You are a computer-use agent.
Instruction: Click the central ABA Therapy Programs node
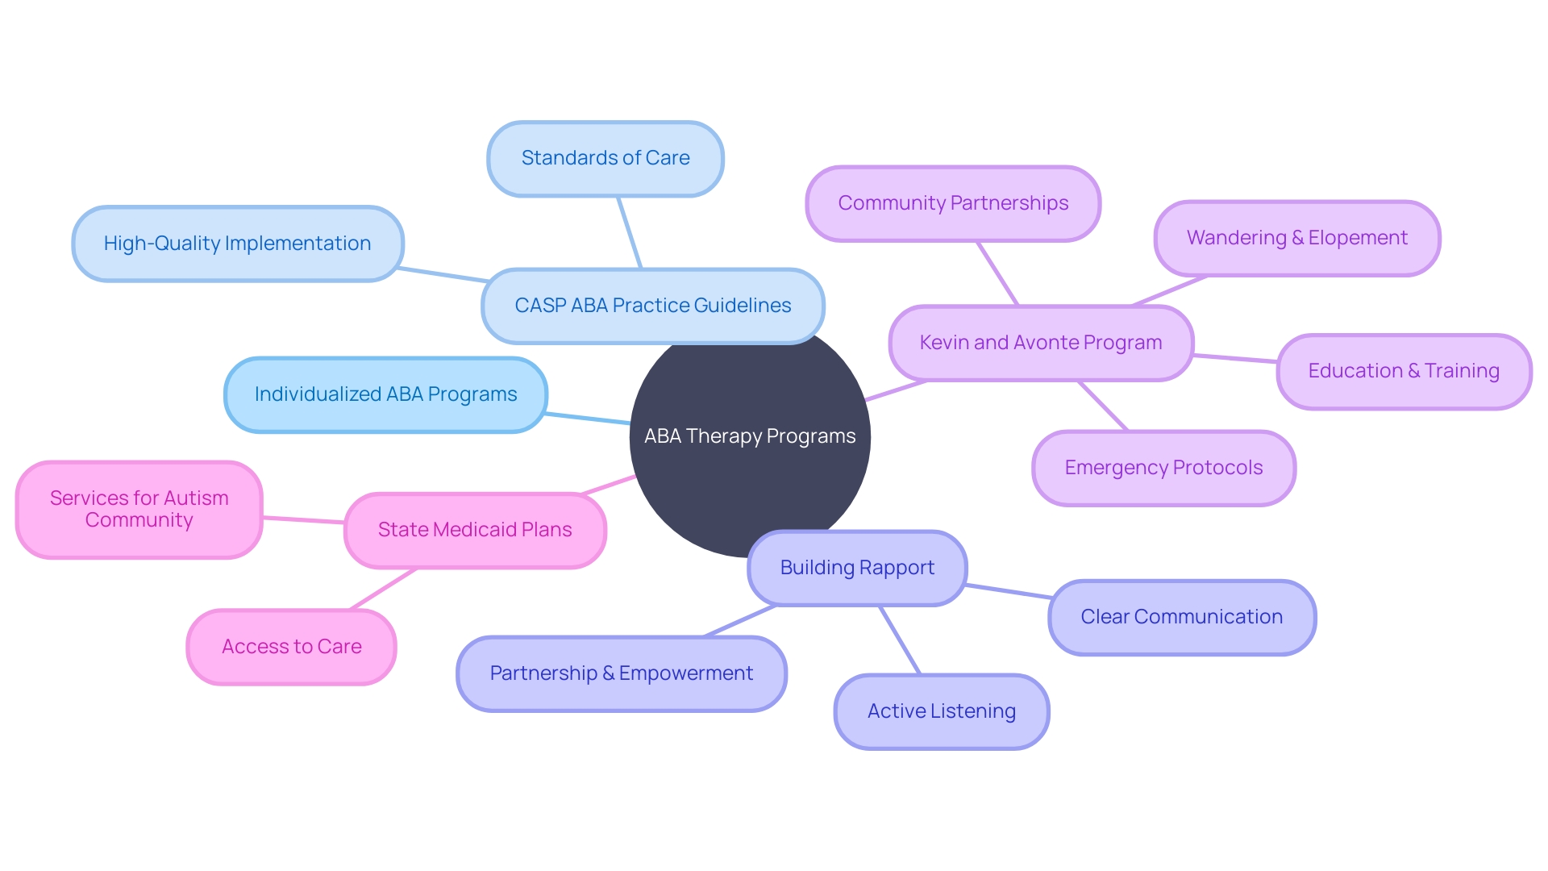(x=750, y=452)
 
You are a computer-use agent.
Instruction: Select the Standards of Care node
(x=605, y=158)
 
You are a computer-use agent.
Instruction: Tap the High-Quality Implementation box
(x=237, y=244)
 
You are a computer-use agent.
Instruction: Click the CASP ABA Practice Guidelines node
(x=653, y=306)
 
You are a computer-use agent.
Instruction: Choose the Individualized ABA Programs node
(x=385, y=394)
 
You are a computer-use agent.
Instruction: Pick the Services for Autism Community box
(x=139, y=509)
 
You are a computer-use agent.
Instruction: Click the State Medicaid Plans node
(x=475, y=530)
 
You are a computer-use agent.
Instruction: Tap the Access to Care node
(x=291, y=647)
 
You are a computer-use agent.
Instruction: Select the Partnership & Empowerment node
(x=621, y=673)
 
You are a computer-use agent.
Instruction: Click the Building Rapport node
(x=857, y=568)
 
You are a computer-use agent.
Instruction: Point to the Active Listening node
(x=941, y=711)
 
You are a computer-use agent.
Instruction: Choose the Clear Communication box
(x=1181, y=617)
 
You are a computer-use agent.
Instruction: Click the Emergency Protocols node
(x=1163, y=468)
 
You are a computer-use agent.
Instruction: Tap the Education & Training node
(x=1403, y=371)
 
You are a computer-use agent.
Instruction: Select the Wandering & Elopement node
(x=1296, y=238)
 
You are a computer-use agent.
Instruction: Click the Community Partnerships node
(x=953, y=203)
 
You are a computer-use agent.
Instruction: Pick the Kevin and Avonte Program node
(x=1040, y=343)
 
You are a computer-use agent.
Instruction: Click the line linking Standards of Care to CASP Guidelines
(x=630, y=233)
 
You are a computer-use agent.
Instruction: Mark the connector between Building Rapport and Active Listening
(x=900, y=640)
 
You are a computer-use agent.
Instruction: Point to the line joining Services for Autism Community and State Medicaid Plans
(x=303, y=520)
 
